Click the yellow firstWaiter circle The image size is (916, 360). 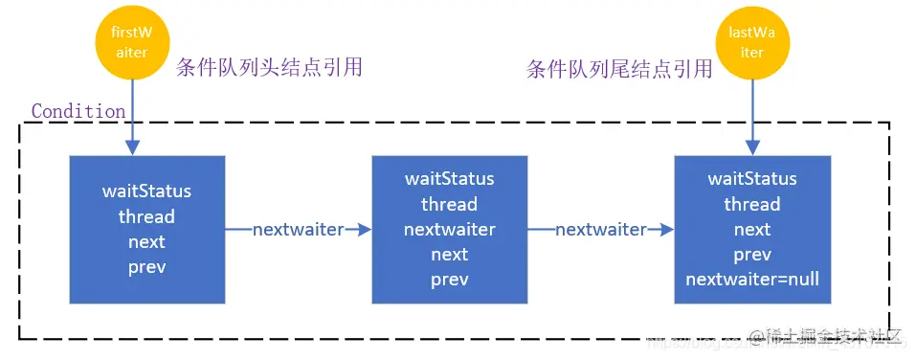pos(131,44)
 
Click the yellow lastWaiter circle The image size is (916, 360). pos(751,44)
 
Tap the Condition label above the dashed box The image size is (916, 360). pos(78,111)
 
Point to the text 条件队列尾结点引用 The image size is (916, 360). pos(619,68)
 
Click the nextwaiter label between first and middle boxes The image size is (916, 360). pos(297,230)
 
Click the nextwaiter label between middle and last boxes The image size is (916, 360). pos(600,230)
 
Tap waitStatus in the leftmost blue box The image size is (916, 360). pos(146,191)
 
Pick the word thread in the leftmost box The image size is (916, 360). pos(146,216)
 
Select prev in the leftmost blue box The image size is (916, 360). pos(146,267)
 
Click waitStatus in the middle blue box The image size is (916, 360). pos(449,179)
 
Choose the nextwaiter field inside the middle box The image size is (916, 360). pos(449,230)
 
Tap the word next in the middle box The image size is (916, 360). pos(449,255)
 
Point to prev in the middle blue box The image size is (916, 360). pos(449,280)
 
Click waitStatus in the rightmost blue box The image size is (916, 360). pos(751,179)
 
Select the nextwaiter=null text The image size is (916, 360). pos(751,280)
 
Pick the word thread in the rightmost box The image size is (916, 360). pos(751,204)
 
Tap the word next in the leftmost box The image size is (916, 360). pos(146,242)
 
